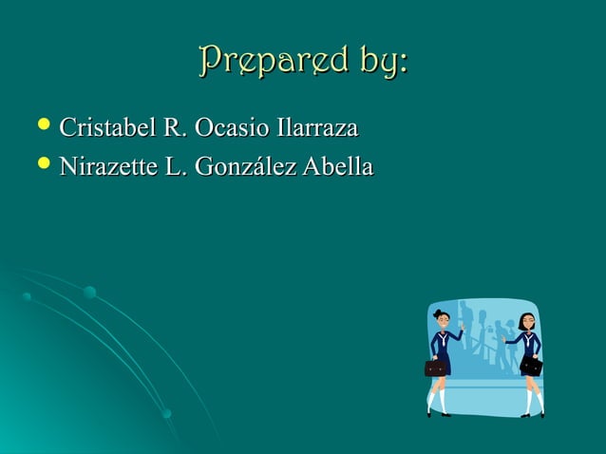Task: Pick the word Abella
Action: click(336, 168)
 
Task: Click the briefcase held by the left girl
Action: click(437, 368)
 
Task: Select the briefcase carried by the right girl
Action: click(533, 365)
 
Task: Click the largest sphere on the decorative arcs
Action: click(89, 293)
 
